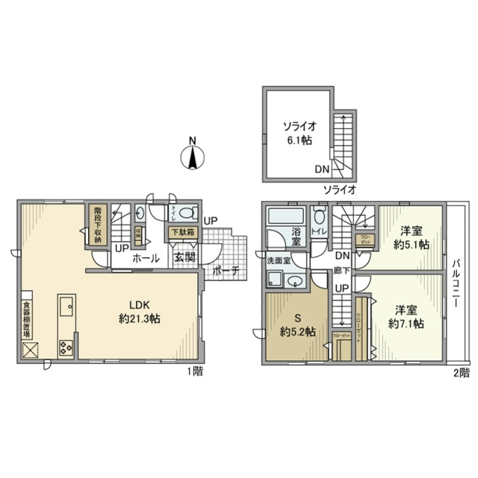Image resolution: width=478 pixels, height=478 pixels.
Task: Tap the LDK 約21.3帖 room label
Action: (x=139, y=312)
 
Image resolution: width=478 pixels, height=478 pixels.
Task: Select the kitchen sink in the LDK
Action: (x=66, y=305)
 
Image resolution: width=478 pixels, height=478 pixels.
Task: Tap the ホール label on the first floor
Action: (x=145, y=258)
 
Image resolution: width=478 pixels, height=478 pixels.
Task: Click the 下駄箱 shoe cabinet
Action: (x=183, y=232)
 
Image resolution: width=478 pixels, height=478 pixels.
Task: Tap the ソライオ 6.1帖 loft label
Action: (x=297, y=132)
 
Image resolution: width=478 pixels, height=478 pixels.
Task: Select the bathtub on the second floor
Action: (x=286, y=217)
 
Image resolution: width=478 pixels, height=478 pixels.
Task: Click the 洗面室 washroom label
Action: (x=277, y=260)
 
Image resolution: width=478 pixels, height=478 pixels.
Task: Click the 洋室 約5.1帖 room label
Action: (x=411, y=238)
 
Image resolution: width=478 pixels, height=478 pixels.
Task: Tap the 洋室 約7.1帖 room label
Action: (x=406, y=317)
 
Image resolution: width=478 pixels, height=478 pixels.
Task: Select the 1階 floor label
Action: (x=195, y=371)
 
